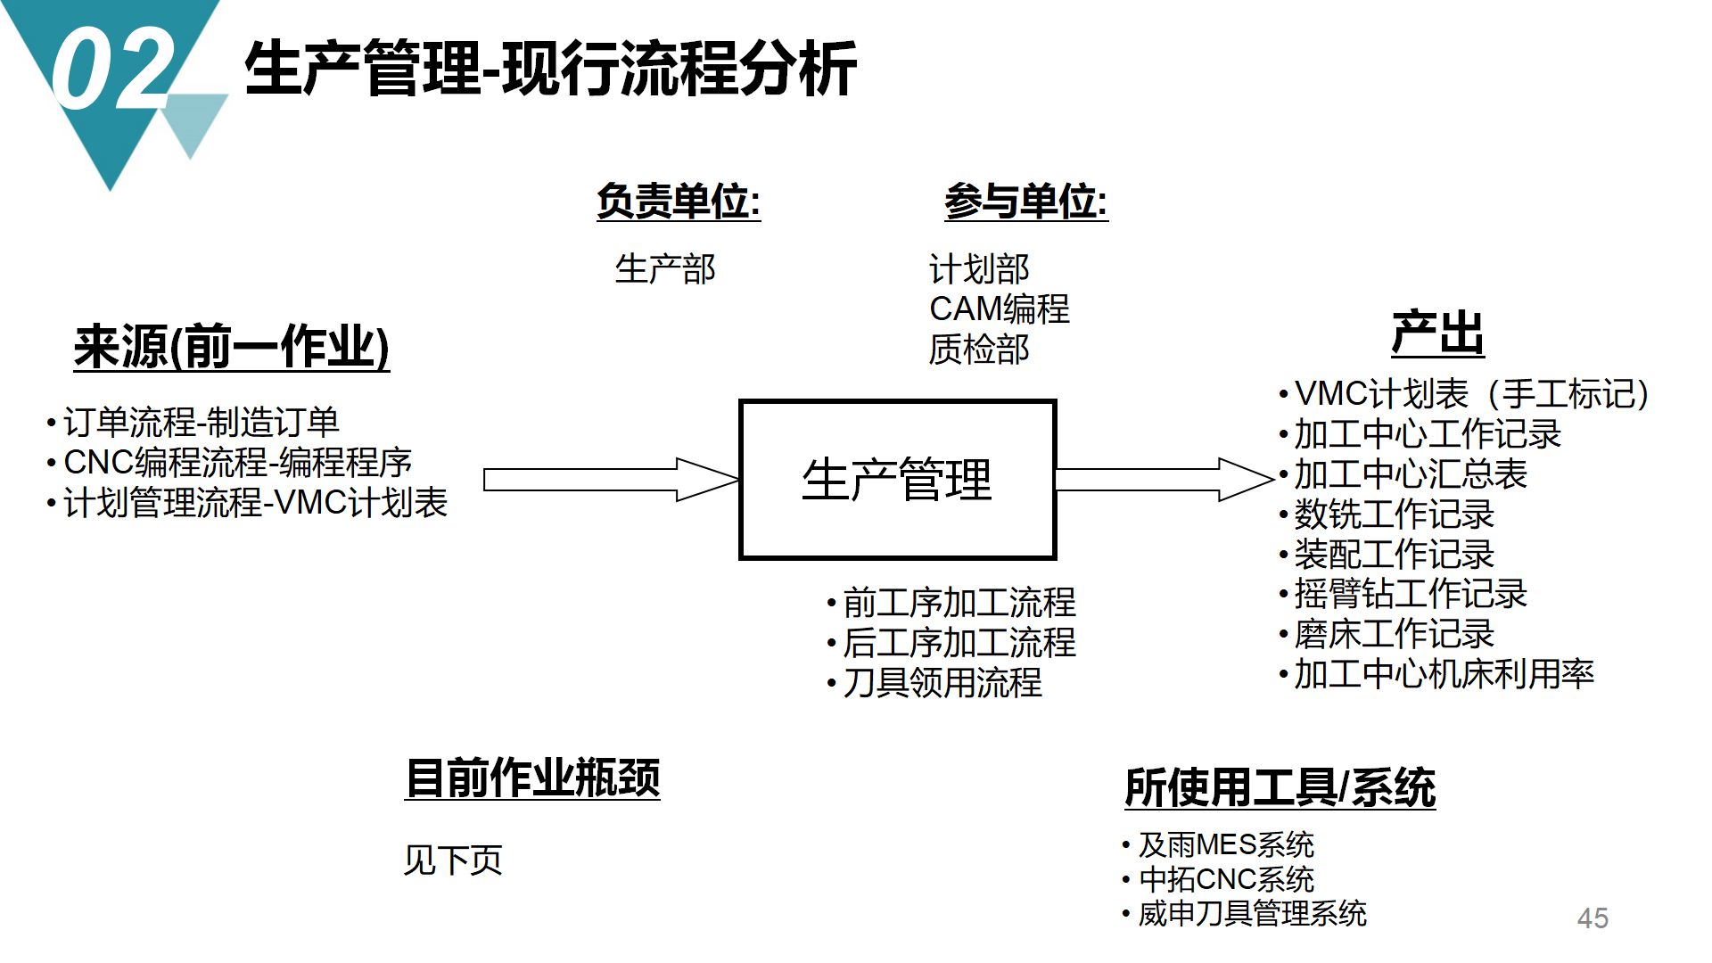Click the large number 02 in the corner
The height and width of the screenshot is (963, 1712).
click(x=111, y=67)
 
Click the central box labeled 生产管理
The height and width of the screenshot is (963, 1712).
click(x=897, y=480)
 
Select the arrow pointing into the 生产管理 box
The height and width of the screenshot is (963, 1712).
click(x=611, y=480)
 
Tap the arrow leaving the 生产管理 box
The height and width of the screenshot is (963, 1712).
click(x=1164, y=480)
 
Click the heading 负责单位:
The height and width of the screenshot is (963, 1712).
click(x=678, y=202)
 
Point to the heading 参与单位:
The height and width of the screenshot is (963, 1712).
click(x=1025, y=202)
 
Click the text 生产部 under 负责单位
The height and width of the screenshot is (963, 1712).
click(x=665, y=269)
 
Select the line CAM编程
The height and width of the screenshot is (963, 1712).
click(x=999, y=309)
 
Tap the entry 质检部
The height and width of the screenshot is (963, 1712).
click(x=979, y=350)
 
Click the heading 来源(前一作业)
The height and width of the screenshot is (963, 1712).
click(x=232, y=348)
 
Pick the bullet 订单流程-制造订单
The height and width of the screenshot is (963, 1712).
click(x=201, y=423)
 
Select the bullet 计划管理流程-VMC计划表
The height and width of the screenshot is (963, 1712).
click(x=254, y=503)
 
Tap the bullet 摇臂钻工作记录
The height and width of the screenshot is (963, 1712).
click(x=1411, y=594)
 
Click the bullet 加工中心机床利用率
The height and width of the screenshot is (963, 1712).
click(x=1443, y=674)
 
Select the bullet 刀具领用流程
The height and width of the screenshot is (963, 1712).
click(x=942, y=683)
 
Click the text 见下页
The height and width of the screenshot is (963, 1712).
click(x=453, y=860)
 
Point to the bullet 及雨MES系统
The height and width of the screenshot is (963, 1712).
click(x=1225, y=844)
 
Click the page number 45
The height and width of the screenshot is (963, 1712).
click(x=1593, y=918)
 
